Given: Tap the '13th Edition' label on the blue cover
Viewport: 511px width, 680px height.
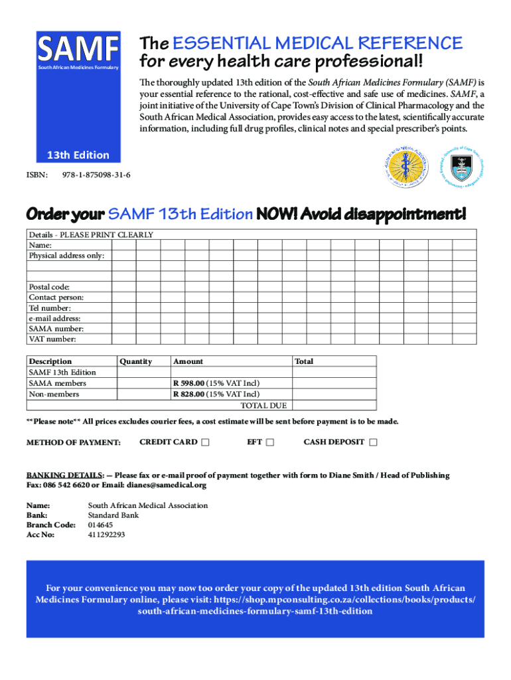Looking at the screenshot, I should tap(78, 155).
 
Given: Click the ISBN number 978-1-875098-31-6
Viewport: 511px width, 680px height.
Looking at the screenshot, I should tap(96, 175).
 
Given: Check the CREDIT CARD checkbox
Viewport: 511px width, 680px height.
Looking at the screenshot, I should tap(205, 443).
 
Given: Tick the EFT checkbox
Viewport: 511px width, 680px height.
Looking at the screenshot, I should tap(269, 443).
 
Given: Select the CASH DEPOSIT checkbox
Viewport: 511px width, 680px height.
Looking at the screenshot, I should tap(373, 443).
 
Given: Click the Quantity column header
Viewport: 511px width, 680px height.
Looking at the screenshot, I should tap(136, 361).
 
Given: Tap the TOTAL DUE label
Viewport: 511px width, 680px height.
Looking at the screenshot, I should tap(263, 405).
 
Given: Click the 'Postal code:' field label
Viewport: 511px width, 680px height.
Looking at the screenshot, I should tap(49, 286).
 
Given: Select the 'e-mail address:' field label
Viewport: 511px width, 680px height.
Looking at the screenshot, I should tap(54, 318).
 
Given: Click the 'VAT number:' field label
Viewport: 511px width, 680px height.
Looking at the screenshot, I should tap(52, 339).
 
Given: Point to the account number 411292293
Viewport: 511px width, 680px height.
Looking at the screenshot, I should tap(106, 535).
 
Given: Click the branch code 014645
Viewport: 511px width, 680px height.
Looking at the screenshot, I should tap(101, 525).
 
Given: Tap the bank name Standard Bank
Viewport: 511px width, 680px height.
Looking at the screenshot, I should tap(113, 515).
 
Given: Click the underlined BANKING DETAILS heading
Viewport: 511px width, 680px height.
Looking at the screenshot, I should tap(64, 475).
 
